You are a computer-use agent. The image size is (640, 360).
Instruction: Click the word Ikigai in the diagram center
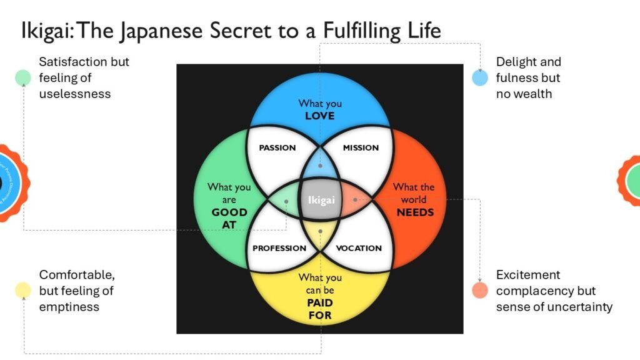tap(321, 200)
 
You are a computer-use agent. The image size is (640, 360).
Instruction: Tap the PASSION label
tap(277, 148)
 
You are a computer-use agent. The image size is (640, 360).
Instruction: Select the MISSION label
tap(361, 147)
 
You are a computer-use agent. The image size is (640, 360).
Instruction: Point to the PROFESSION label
tap(279, 248)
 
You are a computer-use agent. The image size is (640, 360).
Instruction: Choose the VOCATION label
tap(359, 248)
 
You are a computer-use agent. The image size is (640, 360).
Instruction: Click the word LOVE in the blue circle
tap(319, 116)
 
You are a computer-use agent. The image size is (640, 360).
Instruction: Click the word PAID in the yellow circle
tap(319, 302)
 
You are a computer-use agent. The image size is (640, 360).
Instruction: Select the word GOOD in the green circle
tap(229, 212)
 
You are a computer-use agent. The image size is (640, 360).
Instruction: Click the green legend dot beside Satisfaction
tap(23, 77)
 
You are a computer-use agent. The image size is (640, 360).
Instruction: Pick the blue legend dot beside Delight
tap(480, 77)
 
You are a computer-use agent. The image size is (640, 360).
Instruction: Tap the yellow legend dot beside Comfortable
tap(23, 290)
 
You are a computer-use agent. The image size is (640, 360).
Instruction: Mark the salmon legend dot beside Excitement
tap(480, 290)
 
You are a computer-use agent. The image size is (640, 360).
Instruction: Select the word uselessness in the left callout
tap(74, 94)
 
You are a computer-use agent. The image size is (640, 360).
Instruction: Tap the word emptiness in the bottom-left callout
tap(69, 307)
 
